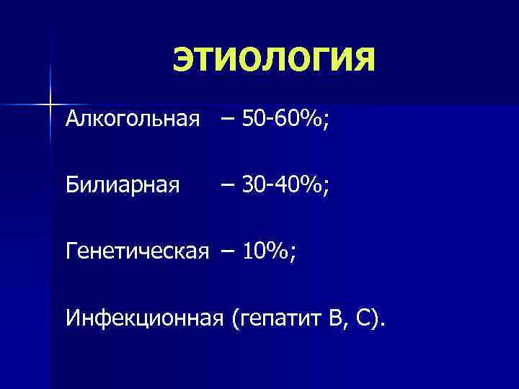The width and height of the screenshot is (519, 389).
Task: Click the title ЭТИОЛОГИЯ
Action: coord(274,58)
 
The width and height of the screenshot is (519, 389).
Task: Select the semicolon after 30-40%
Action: coord(327,188)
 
